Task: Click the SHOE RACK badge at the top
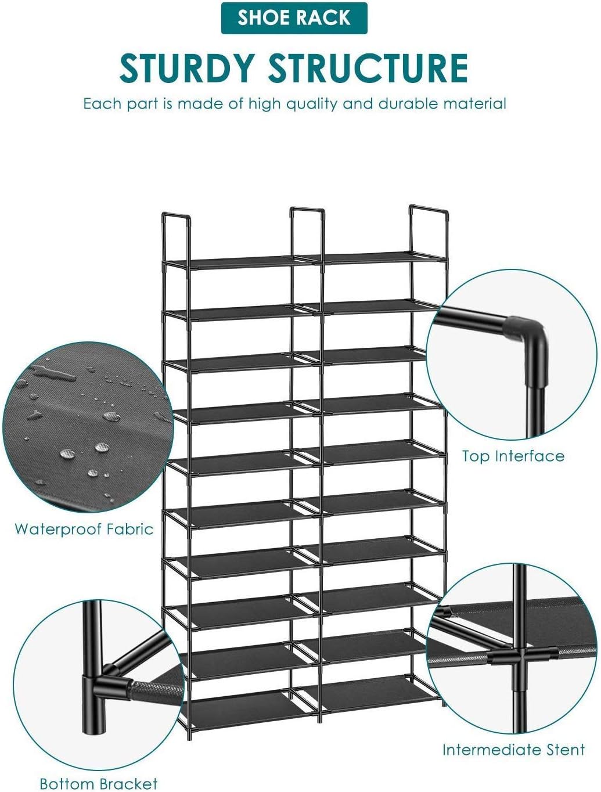pyautogui.click(x=294, y=17)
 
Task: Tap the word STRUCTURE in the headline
pyautogui.click(x=368, y=69)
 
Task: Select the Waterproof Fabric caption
pyautogui.click(x=84, y=529)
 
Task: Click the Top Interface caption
pyautogui.click(x=513, y=456)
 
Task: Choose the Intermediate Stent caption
pyautogui.click(x=513, y=750)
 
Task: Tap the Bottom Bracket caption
pyautogui.click(x=99, y=783)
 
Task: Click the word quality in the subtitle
pyautogui.click(x=311, y=105)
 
